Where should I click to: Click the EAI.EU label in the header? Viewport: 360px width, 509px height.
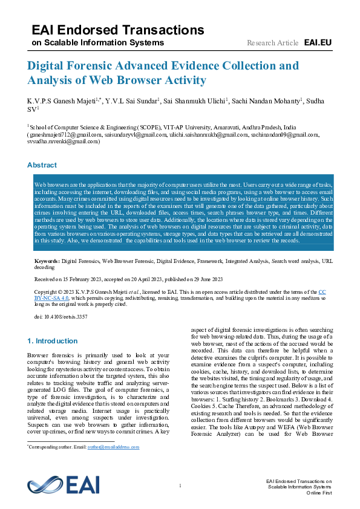pyautogui.click(x=318, y=42)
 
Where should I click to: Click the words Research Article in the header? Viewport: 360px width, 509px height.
pyautogui.click(x=272, y=43)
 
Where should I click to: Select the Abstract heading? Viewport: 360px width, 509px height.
pyautogui.click(x=42, y=165)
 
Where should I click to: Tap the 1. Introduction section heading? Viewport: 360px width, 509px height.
pyautogui.click(x=53, y=341)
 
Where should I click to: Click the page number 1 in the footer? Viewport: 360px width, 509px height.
pyautogui.click(x=180, y=486)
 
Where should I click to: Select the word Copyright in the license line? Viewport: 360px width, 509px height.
pyautogui.click(x=46, y=291)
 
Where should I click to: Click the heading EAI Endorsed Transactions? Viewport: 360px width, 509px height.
pyautogui.click(x=118, y=30)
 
